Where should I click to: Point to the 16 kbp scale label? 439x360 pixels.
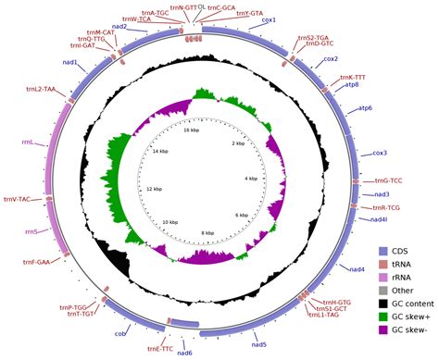pos(191,130)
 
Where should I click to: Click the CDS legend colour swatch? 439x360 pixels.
pos(383,251)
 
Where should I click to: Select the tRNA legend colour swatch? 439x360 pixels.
pos(383,264)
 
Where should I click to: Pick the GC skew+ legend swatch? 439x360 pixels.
pos(383,316)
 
